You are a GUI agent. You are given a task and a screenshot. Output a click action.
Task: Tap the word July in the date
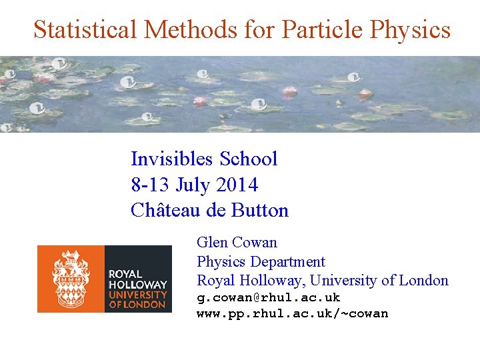[193, 185]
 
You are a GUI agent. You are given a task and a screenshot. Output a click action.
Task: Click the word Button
[260, 211]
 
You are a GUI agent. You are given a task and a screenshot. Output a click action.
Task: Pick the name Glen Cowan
[237, 243]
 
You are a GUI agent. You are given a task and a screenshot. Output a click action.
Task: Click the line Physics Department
[261, 262]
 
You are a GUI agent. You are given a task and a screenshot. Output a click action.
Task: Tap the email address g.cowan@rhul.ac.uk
[268, 297]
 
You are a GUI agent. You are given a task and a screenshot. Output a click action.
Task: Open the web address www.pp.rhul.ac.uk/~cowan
[292, 313]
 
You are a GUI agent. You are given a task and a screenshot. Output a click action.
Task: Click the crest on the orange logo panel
[71, 278]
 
